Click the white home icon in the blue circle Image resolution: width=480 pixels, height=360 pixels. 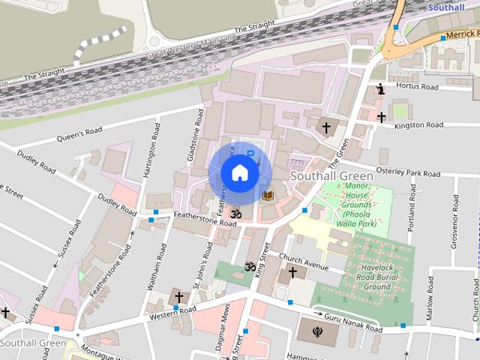(x=240, y=173)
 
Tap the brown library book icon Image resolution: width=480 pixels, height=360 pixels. (x=268, y=196)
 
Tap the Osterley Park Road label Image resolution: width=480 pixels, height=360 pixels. (x=409, y=172)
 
